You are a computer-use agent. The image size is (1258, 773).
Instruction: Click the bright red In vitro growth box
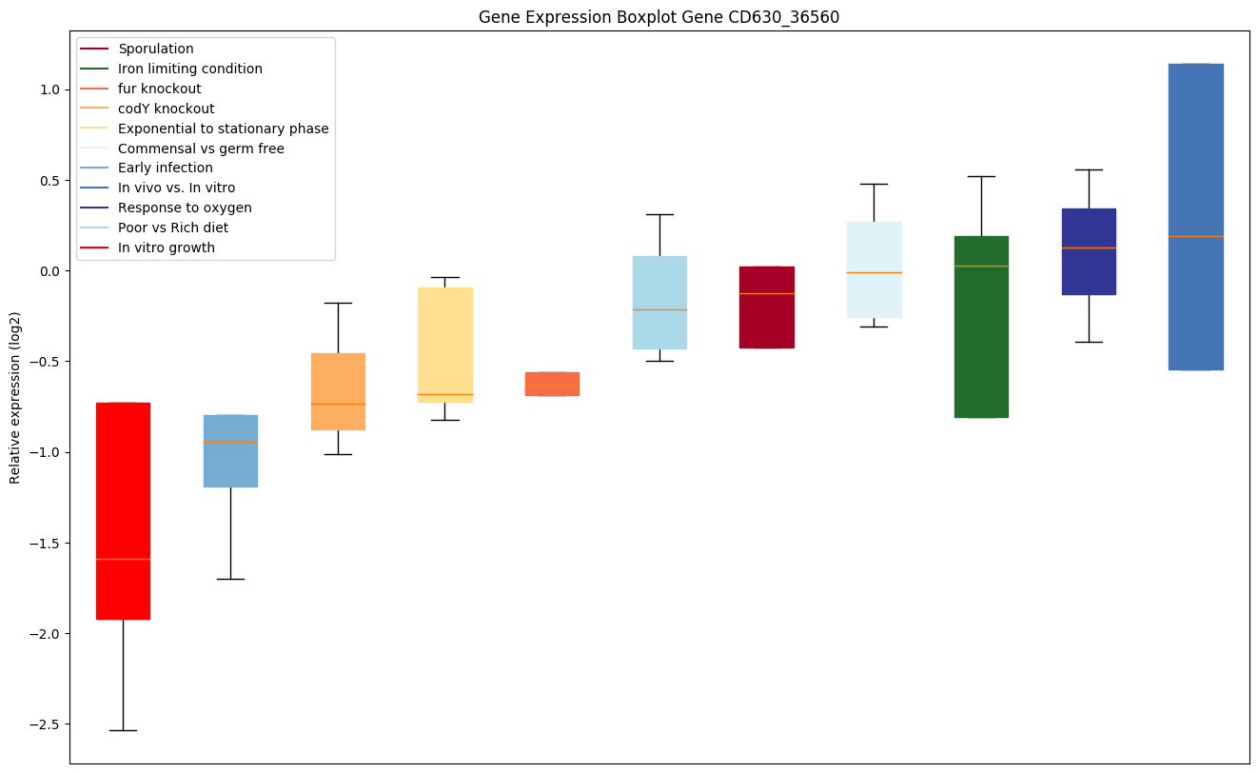123,510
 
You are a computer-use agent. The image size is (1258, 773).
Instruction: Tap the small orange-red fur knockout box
552,384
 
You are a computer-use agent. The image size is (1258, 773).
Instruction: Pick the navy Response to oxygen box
1089,251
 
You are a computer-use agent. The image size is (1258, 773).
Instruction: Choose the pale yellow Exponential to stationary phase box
444,345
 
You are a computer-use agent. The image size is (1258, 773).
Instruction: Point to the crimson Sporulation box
766,307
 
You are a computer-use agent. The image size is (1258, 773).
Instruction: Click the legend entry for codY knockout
166,109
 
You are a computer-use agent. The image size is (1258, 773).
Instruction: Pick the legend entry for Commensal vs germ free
201,148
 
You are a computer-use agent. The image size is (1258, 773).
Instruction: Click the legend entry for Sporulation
155,49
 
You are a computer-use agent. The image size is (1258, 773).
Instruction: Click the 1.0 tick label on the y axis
49,89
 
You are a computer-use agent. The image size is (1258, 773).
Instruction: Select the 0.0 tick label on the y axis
49,271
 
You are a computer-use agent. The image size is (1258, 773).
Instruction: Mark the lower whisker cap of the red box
123,730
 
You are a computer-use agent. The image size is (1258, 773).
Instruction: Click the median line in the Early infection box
230,442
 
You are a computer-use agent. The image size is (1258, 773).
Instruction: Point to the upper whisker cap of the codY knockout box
338,303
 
